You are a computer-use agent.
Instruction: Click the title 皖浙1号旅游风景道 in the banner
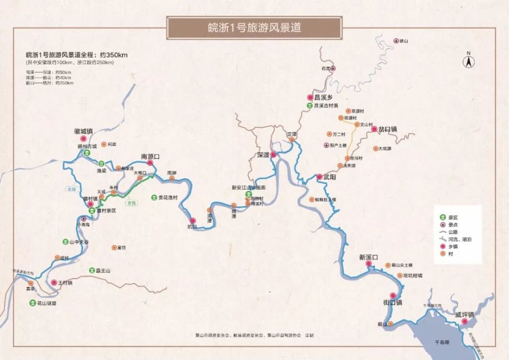click(254, 27)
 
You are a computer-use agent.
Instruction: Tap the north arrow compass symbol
click(468, 61)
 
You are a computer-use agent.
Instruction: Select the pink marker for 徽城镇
click(83, 139)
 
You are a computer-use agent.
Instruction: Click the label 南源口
click(150, 156)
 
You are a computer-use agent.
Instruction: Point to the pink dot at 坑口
click(192, 220)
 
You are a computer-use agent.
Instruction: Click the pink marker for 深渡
click(273, 154)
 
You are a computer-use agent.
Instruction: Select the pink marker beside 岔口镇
click(374, 129)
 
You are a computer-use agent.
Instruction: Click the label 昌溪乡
click(323, 97)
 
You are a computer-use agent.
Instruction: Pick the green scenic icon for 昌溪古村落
click(309, 105)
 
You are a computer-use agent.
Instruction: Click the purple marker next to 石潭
click(333, 68)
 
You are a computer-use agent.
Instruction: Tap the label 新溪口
click(368, 257)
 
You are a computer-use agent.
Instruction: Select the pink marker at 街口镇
click(392, 295)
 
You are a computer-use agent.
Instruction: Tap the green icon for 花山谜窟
click(32, 302)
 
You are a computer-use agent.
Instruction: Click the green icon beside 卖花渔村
click(154, 197)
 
